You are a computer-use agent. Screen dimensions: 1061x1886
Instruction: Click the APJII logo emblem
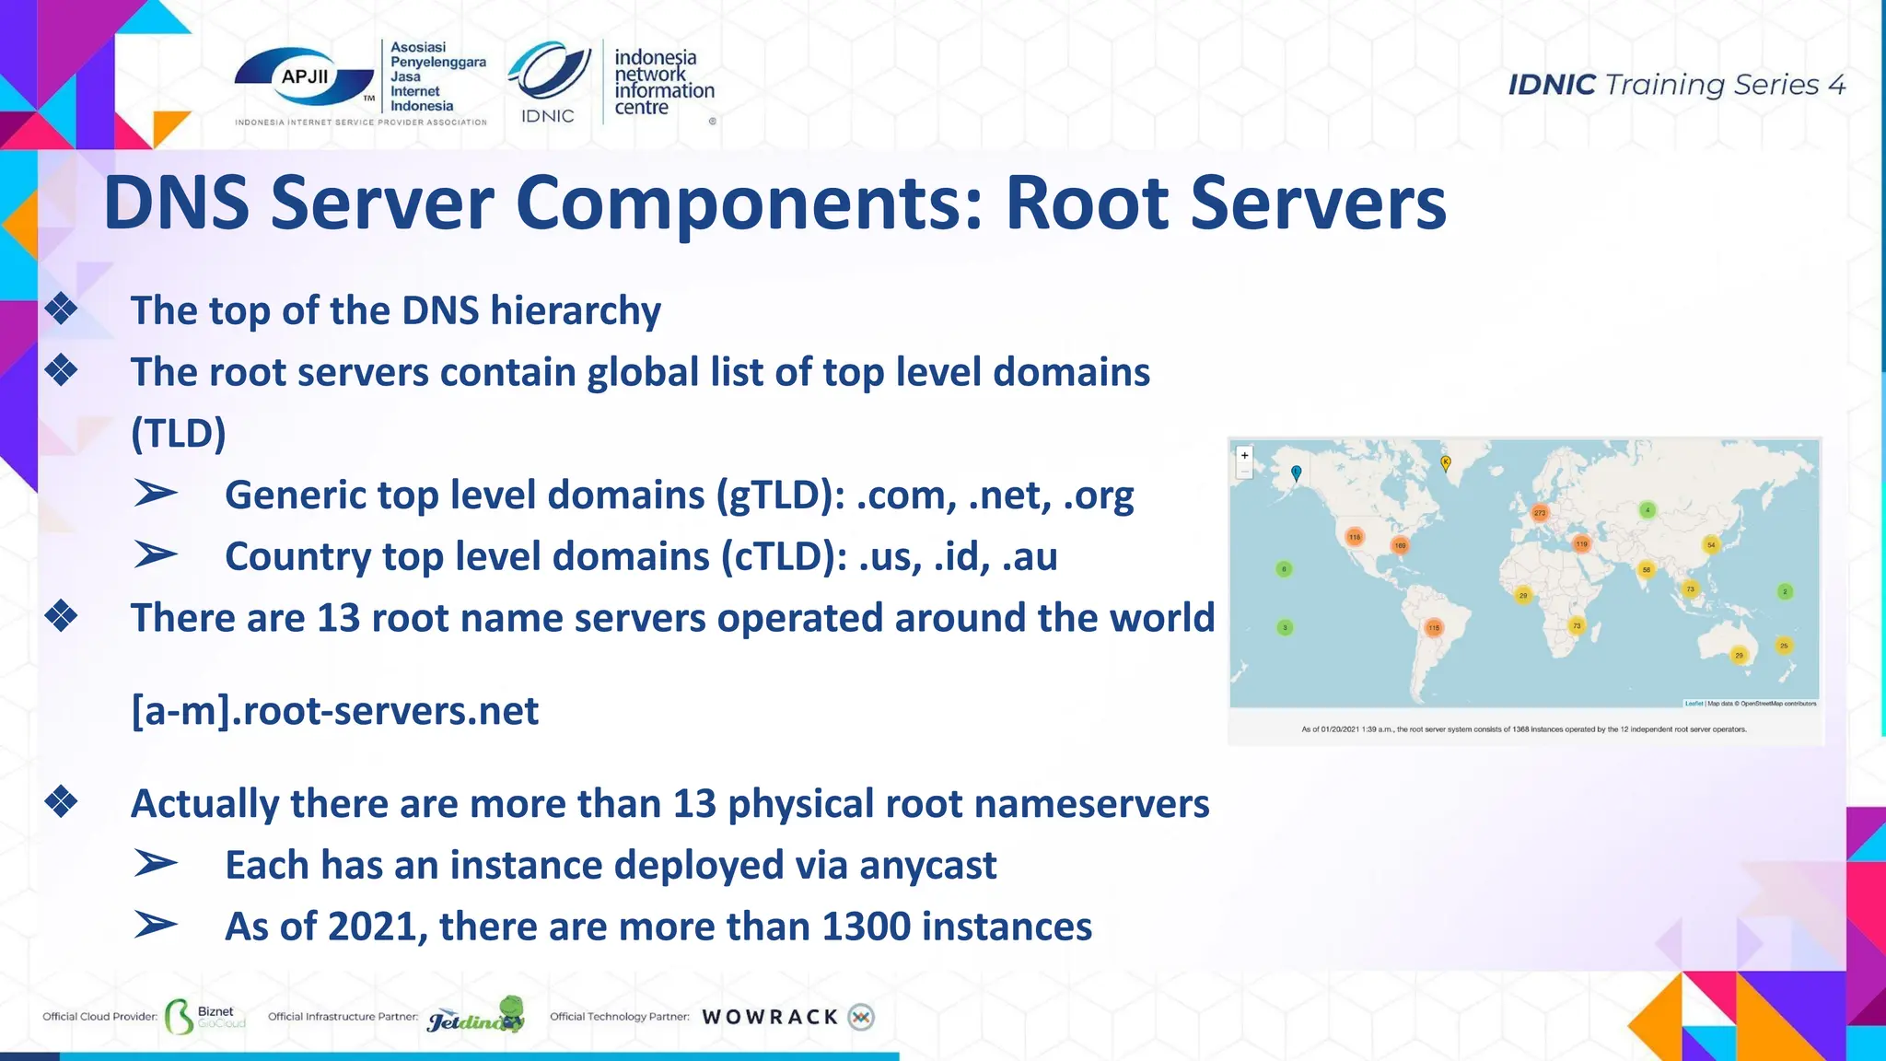click(304, 78)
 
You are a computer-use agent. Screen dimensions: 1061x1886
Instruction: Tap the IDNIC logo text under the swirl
click(547, 116)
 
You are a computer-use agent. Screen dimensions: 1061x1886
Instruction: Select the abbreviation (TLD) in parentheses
click(179, 433)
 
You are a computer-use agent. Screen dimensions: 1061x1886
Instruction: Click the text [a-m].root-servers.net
click(335, 711)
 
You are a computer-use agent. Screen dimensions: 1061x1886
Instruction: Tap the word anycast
click(927, 865)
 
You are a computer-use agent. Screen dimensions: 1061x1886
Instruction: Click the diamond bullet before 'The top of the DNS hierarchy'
click(62, 309)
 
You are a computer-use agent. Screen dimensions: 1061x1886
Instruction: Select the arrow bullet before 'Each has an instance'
click(156, 864)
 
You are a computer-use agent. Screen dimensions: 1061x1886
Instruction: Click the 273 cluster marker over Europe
click(1540, 512)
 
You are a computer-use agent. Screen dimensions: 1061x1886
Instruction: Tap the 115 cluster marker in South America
click(1434, 627)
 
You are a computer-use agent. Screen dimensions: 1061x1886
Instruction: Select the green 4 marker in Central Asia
click(1647, 509)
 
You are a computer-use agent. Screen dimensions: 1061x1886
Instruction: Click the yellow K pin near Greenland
click(1446, 462)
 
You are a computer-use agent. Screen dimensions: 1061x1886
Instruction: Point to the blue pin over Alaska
click(1297, 472)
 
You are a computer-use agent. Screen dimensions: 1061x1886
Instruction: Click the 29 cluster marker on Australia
click(1739, 655)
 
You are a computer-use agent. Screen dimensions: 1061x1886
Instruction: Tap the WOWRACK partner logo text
click(770, 1017)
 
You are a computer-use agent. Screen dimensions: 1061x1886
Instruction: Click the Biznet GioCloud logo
click(204, 1017)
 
